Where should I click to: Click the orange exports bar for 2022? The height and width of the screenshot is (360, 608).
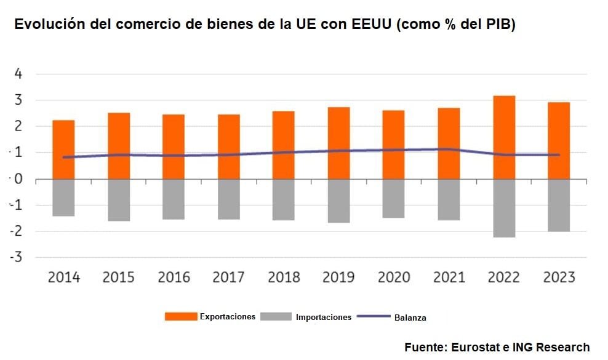[x=503, y=137]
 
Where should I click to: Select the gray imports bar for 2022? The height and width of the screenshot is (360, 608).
[x=503, y=208]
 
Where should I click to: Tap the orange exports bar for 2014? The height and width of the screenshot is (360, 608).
[x=63, y=150]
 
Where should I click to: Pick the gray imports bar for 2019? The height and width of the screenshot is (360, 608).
[x=338, y=201]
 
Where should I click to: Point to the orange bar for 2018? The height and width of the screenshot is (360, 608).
[x=284, y=145]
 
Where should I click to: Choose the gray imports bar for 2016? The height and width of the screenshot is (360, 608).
[x=174, y=199]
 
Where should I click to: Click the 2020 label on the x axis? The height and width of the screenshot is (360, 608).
[x=393, y=277]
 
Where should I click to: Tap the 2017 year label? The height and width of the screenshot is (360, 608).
[x=228, y=277]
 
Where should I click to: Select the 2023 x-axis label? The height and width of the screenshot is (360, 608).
[x=558, y=277]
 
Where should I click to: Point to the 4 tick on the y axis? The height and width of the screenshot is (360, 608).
[x=19, y=74]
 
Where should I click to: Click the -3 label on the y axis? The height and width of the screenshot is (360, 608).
[x=17, y=257]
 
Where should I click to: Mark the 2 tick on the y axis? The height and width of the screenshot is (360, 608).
[x=19, y=127]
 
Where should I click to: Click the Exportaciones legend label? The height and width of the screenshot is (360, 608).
[x=227, y=317]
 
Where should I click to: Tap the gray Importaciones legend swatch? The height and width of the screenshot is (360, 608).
[x=276, y=317]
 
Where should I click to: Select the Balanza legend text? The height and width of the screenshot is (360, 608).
[x=410, y=318]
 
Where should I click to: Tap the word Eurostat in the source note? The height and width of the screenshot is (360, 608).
[x=475, y=347]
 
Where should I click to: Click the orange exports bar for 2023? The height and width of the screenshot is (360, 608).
[x=558, y=141]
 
